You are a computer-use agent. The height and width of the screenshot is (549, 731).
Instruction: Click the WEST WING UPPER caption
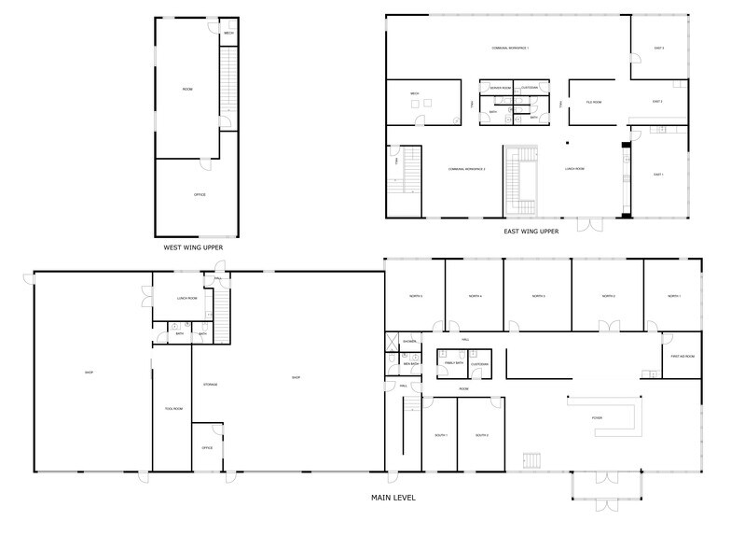pyautogui.click(x=193, y=247)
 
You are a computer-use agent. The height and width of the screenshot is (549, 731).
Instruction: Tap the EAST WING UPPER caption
pyautogui.click(x=531, y=231)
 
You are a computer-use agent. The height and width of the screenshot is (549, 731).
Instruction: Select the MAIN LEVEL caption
pyautogui.click(x=393, y=498)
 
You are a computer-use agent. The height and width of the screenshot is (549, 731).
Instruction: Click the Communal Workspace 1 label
pyautogui.click(x=510, y=48)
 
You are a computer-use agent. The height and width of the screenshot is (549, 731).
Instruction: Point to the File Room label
pyautogui.click(x=593, y=102)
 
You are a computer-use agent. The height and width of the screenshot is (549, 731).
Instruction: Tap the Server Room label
pyautogui.click(x=501, y=88)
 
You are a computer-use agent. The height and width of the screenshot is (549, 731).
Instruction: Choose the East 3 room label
pyautogui.click(x=658, y=48)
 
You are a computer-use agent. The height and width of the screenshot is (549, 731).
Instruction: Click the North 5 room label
pyautogui.click(x=415, y=296)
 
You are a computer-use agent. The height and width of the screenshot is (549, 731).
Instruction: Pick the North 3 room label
pyautogui.click(x=538, y=296)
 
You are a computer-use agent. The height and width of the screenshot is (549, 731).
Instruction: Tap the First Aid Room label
pyautogui.click(x=682, y=357)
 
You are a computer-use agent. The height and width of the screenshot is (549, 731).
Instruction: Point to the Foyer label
pyautogui.click(x=597, y=417)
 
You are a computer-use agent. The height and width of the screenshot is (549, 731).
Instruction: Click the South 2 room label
pyautogui.click(x=482, y=435)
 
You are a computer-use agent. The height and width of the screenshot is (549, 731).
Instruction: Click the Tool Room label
pyautogui.click(x=172, y=408)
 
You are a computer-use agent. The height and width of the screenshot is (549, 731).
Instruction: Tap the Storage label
pyautogui.click(x=210, y=384)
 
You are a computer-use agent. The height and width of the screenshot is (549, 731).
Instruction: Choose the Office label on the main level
pyautogui.click(x=207, y=448)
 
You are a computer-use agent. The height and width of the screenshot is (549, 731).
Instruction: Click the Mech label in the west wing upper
pyautogui.click(x=228, y=34)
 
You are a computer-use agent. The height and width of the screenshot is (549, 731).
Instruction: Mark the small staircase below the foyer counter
pyautogui.click(x=533, y=458)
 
